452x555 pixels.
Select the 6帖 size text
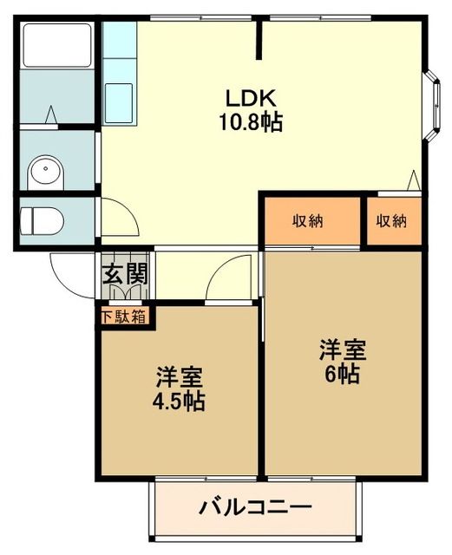pyautogui.click(x=342, y=375)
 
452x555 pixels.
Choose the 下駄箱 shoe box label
pyautogui.click(x=125, y=317)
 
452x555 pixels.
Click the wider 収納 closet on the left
pyautogui.click(x=308, y=220)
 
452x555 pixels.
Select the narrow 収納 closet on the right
pyautogui.click(x=391, y=220)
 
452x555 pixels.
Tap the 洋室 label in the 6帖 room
pyautogui.click(x=342, y=350)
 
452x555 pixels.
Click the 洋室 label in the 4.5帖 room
pyautogui.click(x=180, y=377)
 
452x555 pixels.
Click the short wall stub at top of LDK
pyautogui.click(x=259, y=39)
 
